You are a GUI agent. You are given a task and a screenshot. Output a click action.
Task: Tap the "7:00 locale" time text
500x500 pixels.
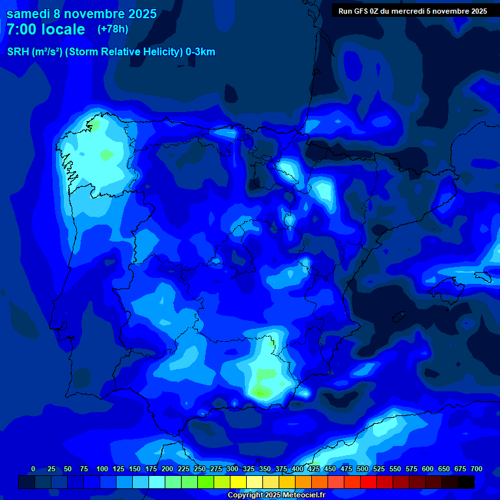pyautogui.click(x=46, y=29)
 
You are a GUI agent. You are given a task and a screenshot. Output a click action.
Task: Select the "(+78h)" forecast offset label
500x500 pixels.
pyautogui.click(x=113, y=29)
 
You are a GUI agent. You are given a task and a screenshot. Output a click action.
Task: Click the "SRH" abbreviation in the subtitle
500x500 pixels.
pyautogui.click(x=18, y=52)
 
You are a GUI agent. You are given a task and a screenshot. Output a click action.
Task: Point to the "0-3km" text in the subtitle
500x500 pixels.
pyautogui.click(x=201, y=52)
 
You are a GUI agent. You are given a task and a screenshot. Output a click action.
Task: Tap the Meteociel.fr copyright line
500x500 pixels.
pyautogui.click(x=277, y=495)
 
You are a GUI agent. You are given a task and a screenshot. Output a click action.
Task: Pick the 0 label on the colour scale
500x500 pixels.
pyautogui.click(x=33, y=469)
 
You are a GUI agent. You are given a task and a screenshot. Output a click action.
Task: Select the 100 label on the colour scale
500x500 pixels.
pyautogui.click(x=102, y=469)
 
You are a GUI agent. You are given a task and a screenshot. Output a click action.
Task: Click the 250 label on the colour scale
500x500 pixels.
pyautogui.click(x=200, y=469)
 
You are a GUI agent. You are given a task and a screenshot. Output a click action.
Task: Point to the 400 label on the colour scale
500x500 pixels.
pyautogui.click(x=298, y=469)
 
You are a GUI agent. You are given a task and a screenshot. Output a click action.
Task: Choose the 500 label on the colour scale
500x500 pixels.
pyautogui.click(x=363, y=469)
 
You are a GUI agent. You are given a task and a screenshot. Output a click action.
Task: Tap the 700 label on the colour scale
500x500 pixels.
pyautogui.click(x=477, y=469)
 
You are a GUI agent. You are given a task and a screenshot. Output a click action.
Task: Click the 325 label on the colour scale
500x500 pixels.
pyautogui.click(x=249, y=469)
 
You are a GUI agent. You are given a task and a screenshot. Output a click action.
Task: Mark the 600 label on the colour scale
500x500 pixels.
pyautogui.click(x=428, y=469)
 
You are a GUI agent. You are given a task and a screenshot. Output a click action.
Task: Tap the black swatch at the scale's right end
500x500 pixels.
pyautogui.click(x=466, y=482)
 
